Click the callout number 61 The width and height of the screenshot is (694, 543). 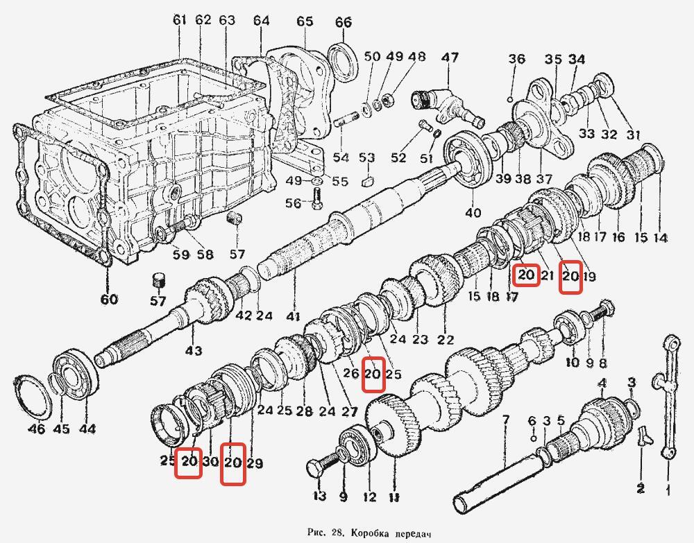pyautogui.click(x=180, y=20)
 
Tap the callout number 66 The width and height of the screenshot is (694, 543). pyautogui.click(x=344, y=22)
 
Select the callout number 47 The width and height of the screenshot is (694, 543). pyautogui.click(x=450, y=58)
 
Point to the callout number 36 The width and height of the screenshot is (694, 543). pyautogui.click(x=516, y=59)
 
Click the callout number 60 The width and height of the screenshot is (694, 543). pyautogui.click(x=108, y=300)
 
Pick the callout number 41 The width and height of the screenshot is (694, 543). pyautogui.click(x=293, y=317)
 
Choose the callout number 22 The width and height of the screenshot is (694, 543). pyautogui.click(x=446, y=340)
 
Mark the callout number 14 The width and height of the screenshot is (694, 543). pyautogui.click(x=660, y=238)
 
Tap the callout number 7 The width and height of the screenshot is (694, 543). pyautogui.click(x=505, y=420)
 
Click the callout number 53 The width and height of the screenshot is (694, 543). pyautogui.click(x=366, y=159)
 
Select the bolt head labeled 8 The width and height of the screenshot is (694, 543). pyautogui.click(x=605, y=306)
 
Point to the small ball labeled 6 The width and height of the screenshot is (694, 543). pyautogui.click(x=532, y=439)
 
